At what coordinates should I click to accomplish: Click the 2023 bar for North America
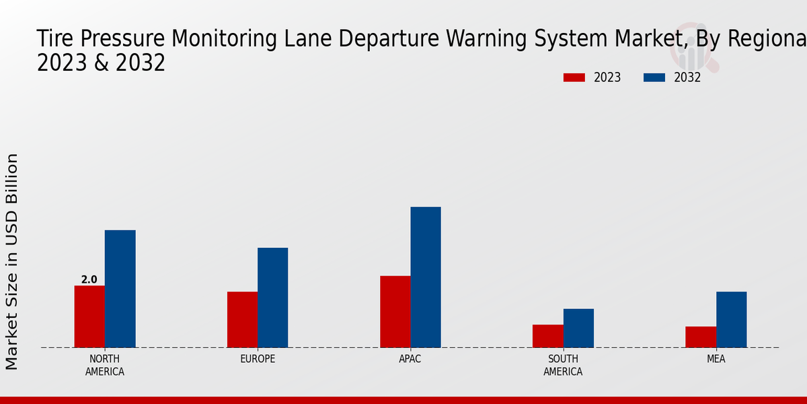point(89,316)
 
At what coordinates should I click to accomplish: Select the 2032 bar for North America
point(120,289)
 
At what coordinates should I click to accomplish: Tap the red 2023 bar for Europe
point(242,319)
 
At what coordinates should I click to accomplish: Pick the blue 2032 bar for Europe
point(272,298)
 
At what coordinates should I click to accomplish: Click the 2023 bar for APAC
point(395,312)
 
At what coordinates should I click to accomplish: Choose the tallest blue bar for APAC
point(426,277)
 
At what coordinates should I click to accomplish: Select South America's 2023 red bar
point(547,336)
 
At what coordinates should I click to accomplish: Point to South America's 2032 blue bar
point(578,328)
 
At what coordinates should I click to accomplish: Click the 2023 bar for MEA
point(701,337)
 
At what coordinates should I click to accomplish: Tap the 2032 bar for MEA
point(731,319)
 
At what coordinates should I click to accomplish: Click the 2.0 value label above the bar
point(89,279)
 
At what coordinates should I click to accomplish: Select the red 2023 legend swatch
point(574,77)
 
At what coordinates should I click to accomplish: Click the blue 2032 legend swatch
point(654,77)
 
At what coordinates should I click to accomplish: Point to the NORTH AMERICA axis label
point(105,365)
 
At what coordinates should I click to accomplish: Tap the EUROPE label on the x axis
point(258,359)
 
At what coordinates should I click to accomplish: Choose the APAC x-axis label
point(410,359)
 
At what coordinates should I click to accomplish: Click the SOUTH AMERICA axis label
point(563,365)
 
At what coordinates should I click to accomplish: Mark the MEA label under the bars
point(716,359)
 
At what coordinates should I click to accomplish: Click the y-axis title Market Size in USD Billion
point(13,261)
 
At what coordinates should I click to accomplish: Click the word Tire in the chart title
point(56,38)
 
